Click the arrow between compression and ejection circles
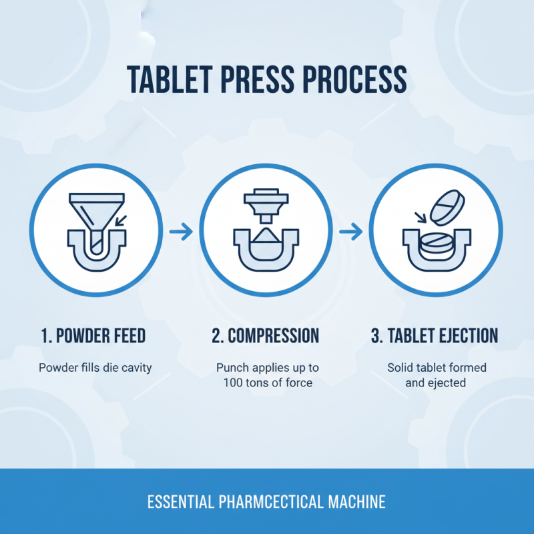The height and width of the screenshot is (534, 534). (350, 232)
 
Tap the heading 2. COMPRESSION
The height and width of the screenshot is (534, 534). (266, 336)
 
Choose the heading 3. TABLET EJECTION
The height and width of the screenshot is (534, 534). (435, 336)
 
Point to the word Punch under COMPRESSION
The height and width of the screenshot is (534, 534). (231, 368)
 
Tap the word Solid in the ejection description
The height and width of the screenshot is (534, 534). (401, 368)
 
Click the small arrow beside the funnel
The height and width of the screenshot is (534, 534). (120, 220)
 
